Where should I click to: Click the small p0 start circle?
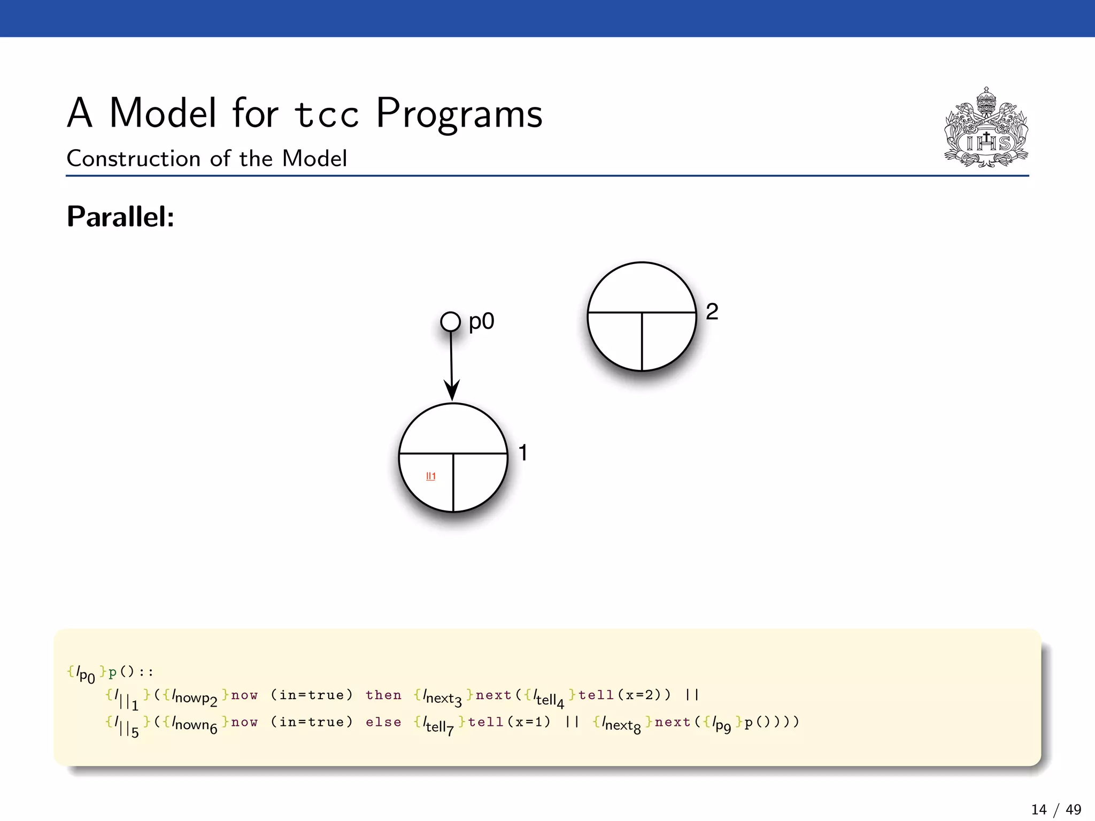[450, 322]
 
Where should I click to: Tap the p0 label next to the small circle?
[481, 322]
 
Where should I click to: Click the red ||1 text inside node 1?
[431, 476]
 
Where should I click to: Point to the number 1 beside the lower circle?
[523, 453]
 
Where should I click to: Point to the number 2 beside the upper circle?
[712, 312]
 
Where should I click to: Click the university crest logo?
[986, 128]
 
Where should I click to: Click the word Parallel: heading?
[120, 217]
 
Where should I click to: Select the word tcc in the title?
[327, 113]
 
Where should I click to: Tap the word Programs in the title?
[459, 113]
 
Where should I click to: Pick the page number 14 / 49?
[1056, 810]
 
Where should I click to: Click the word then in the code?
[383, 695]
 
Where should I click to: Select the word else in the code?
[383, 722]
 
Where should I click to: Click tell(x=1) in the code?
[509, 722]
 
